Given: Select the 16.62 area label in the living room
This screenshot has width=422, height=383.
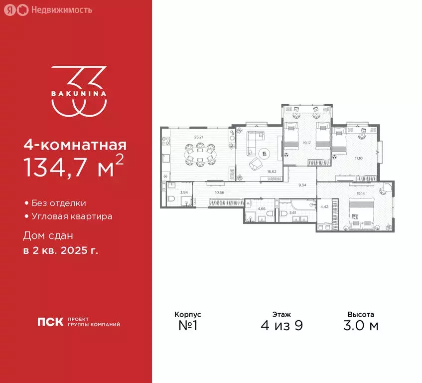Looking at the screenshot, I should (272, 171).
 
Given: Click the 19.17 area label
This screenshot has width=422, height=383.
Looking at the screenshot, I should (305, 143).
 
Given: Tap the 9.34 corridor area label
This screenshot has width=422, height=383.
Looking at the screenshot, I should (303, 185).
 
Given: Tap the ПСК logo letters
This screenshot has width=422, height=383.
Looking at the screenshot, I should (50, 322).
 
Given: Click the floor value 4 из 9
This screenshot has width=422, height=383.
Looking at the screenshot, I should (282, 326).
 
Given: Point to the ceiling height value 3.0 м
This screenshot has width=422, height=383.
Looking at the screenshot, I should (361, 326).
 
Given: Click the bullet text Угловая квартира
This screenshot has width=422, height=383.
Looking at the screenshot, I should (71, 216).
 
